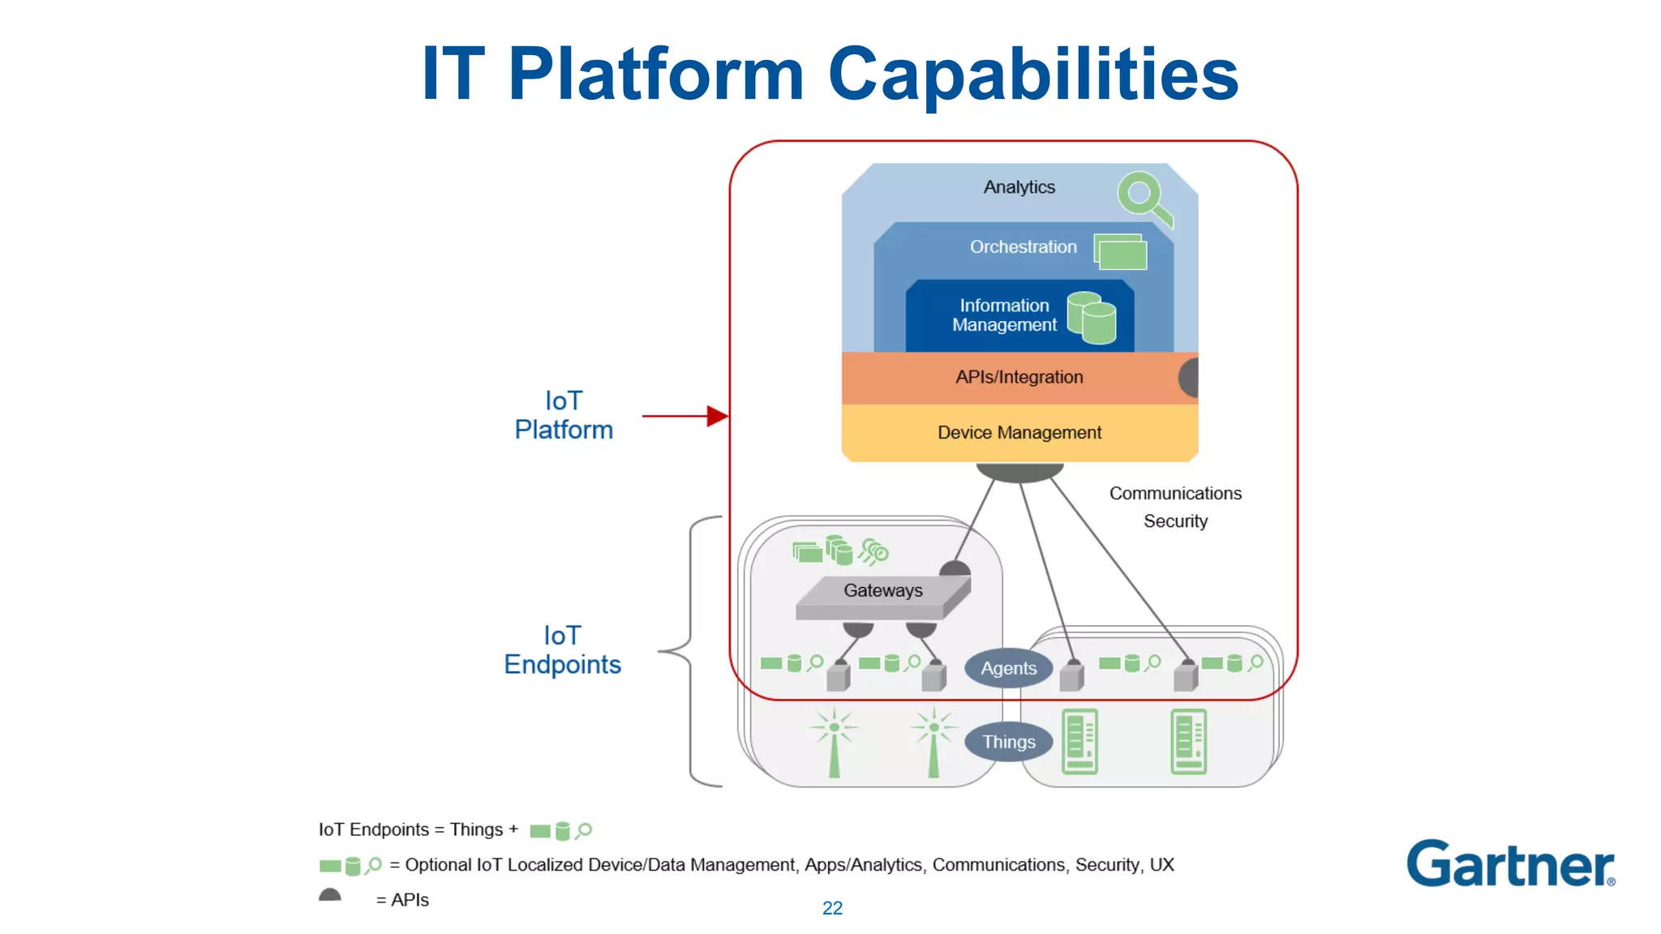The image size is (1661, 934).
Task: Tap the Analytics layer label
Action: (x=1019, y=187)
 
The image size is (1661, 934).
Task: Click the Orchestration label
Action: (x=1023, y=247)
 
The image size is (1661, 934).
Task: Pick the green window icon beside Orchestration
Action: (x=1120, y=251)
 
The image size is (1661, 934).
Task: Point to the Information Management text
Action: (x=1004, y=315)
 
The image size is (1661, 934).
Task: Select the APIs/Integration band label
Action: (x=1019, y=377)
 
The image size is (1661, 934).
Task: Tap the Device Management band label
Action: (x=1019, y=433)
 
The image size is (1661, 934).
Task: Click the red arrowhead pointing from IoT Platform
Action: (x=716, y=417)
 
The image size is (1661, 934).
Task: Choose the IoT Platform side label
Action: (x=564, y=415)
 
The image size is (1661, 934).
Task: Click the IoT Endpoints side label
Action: (x=562, y=650)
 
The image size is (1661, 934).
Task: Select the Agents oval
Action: (x=1008, y=668)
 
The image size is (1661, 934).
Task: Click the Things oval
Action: (x=1008, y=742)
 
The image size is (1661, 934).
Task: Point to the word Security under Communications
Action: (x=1175, y=521)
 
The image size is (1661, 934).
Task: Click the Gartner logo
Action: (x=1510, y=864)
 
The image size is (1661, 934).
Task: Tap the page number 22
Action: (x=832, y=908)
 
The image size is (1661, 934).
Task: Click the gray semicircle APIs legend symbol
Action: (x=330, y=895)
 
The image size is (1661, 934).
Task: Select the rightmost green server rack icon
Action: (x=1188, y=741)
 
